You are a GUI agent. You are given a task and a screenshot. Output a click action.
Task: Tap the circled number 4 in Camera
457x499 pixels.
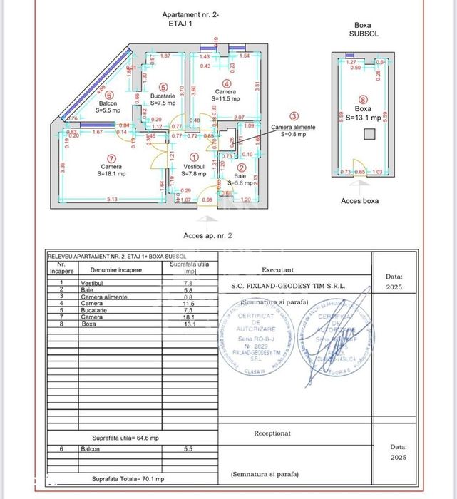227,84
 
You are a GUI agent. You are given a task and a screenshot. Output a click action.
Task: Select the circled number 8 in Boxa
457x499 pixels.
364,100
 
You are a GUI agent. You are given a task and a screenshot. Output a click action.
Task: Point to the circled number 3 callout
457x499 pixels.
294,116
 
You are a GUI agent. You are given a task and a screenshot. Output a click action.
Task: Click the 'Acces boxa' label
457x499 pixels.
360,201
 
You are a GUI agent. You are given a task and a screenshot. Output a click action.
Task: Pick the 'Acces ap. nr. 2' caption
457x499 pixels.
207,235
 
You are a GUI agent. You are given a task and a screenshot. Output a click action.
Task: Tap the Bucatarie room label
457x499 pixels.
163,95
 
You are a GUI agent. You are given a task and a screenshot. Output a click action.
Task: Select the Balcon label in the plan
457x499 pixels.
108,103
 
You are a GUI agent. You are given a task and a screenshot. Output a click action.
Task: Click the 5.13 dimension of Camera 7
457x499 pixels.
112,199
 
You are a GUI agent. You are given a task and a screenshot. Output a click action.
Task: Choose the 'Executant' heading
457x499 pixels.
277,270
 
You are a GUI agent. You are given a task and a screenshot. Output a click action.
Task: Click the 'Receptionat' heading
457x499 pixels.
272,433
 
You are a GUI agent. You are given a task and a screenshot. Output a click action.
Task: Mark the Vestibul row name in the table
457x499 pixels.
93,283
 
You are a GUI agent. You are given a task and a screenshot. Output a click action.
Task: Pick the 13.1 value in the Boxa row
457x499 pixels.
189,324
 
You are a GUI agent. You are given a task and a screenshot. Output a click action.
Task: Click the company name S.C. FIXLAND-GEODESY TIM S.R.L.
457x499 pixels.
288,285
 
